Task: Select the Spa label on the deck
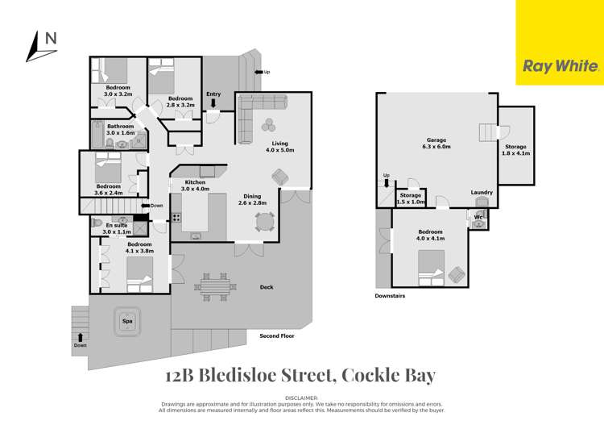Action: (x=127, y=320)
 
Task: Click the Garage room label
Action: (x=436, y=139)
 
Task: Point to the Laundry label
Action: (x=482, y=192)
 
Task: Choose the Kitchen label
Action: (x=195, y=182)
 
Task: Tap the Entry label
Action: (x=213, y=94)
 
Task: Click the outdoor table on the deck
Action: (x=213, y=285)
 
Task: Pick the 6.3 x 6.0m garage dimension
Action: (x=436, y=147)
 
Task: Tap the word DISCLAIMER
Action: (x=302, y=398)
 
